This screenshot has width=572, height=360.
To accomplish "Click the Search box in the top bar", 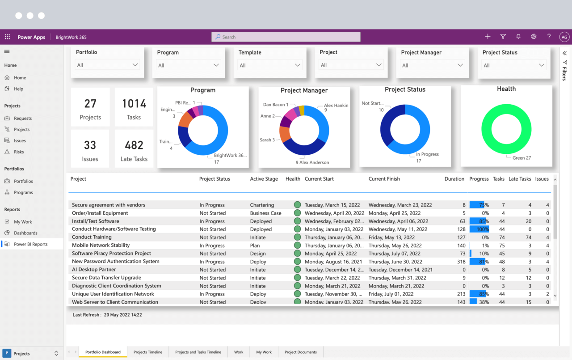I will [x=286, y=37].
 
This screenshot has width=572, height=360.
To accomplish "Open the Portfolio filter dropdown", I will [x=107, y=65].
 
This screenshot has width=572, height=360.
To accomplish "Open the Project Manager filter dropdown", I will [x=433, y=65].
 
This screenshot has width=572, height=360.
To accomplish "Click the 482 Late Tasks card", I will [x=134, y=149].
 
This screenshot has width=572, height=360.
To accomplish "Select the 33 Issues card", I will [x=90, y=149].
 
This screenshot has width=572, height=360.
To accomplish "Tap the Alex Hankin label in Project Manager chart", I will [x=336, y=106].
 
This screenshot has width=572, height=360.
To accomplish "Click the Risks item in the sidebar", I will [x=19, y=152].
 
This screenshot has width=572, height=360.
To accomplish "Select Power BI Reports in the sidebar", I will [x=30, y=244].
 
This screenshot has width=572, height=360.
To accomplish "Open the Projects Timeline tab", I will [x=148, y=352].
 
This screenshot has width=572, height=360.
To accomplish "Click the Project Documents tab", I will [x=300, y=352].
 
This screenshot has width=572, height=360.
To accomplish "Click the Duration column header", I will [x=454, y=179].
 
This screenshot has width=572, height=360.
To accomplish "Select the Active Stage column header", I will [x=264, y=179].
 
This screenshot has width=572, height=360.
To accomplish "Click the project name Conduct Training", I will [x=92, y=237].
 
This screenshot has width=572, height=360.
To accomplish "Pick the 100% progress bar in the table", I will [x=479, y=229].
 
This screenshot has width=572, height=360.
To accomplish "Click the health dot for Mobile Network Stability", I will [x=297, y=246].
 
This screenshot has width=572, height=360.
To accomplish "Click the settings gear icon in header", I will [x=534, y=37].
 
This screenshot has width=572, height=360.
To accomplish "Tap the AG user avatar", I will [x=564, y=37].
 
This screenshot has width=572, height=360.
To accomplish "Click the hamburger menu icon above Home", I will [x=7, y=52].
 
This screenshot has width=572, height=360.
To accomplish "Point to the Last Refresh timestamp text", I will [x=107, y=315].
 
